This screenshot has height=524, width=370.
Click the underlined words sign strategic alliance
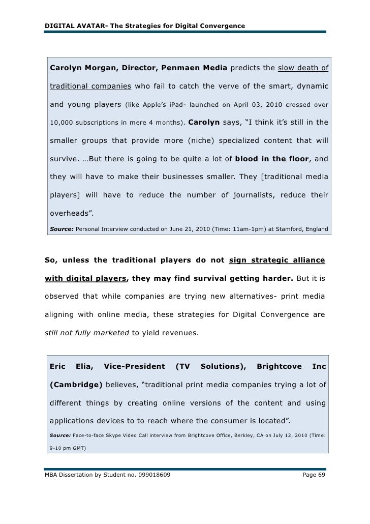[277, 261]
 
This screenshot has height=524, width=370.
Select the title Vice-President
[134, 366]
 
